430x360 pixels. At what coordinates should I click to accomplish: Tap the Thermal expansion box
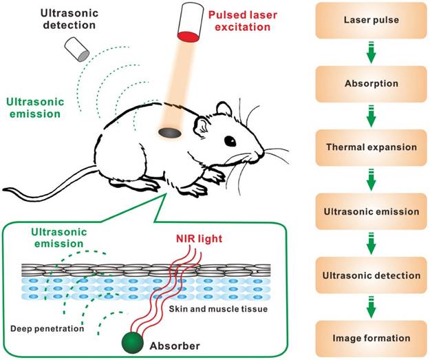coord(372,148)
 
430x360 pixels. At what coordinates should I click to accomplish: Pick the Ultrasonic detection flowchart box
coord(372,275)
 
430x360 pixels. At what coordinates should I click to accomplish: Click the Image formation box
coord(372,338)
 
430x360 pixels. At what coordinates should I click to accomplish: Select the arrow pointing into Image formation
coord(372,306)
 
